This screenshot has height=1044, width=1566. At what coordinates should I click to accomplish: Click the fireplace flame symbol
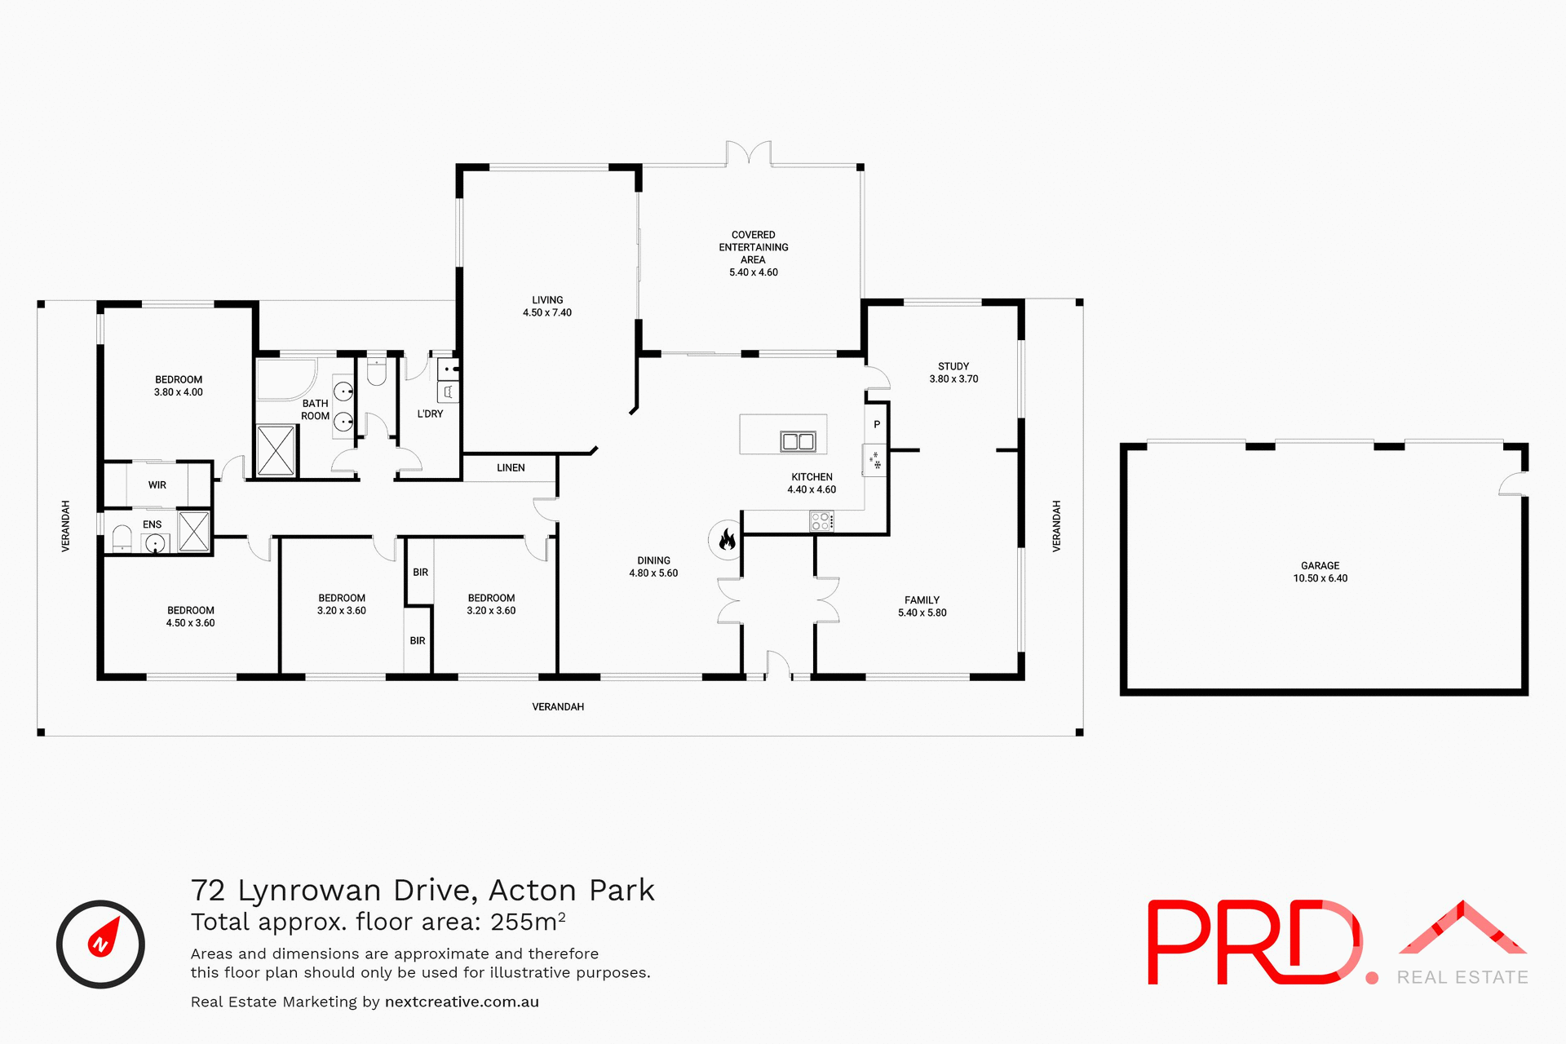tap(727, 539)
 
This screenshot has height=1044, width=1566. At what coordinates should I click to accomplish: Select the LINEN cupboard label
tap(511, 467)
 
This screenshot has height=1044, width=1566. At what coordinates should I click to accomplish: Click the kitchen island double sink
tap(798, 441)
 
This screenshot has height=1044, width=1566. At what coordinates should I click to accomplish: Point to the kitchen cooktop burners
tap(821, 521)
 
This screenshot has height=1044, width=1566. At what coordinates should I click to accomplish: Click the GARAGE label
tap(1320, 565)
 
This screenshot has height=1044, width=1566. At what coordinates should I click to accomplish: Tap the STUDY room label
tap(953, 366)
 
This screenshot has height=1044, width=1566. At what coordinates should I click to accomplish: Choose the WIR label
tap(157, 484)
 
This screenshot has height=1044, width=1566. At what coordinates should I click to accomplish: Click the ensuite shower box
tap(194, 532)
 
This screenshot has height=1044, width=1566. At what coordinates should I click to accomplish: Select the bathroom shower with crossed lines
tap(276, 449)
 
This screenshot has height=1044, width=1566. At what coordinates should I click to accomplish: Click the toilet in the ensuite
tap(122, 538)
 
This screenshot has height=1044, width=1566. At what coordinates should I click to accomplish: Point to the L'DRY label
tap(430, 414)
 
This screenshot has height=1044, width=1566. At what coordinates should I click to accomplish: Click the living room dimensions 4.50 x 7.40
tap(547, 312)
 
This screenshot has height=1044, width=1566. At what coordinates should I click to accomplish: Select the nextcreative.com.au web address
tap(462, 1002)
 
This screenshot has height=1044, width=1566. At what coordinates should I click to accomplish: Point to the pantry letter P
tap(877, 424)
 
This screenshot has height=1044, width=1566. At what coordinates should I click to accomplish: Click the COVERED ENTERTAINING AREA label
tap(753, 247)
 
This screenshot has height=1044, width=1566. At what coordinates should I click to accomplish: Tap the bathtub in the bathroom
tap(285, 378)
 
